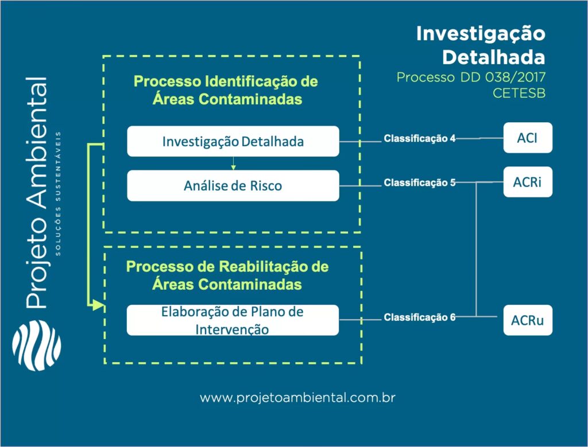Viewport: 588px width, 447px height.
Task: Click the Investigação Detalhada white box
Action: coord(233,141)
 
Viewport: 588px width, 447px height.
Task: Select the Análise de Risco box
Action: coord(233,185)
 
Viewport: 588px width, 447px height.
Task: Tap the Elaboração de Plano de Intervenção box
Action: coord(233,320)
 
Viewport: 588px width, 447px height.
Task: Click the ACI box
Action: coord(528,138)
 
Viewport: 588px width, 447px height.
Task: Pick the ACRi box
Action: coord(528,182)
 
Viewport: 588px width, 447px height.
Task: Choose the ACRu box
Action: coord(528,320)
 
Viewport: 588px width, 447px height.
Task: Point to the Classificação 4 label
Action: coord(420,138)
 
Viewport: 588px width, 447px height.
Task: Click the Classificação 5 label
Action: coord(420,182)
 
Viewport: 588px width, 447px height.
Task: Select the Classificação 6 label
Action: coord(420,317)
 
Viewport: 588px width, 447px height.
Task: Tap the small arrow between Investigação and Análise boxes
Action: coord(233,164)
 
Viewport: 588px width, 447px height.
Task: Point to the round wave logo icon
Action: coord(36,347)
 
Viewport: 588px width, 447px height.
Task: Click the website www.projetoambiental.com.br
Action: coord(299,398)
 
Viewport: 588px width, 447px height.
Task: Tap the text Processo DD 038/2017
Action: coord(470,77)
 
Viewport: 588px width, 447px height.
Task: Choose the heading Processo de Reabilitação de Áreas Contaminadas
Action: coord(227,275)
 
